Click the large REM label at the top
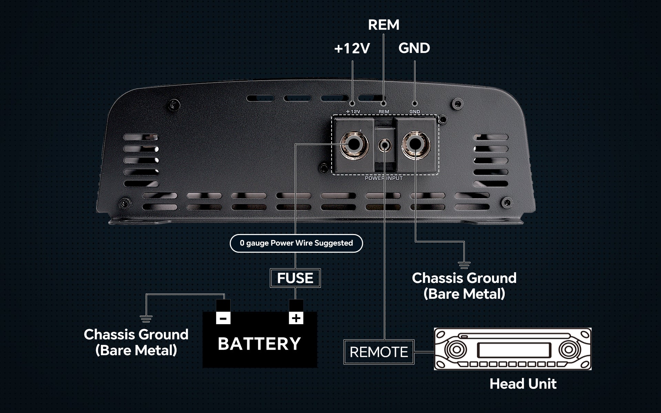(x=384, y=25)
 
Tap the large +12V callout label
(x=352, y=49)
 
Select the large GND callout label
(x=414, y=48)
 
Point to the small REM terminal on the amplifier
(x=384, y=145)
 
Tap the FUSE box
(x=295, y=278)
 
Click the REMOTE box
(x=379, y=352)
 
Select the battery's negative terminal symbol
(x=223, y=318)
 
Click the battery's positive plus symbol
(x=296, y=318)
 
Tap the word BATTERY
(x=260, y=344)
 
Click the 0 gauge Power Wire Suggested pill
(x=296, y=243)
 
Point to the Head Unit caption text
(x=523, y=384)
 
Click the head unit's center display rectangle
(x=513, y=350)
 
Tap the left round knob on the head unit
(x=456, y=349)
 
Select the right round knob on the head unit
(x=569, y=349)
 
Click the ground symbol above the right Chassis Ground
(x=464, y=265)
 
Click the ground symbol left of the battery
(x=146, y=319)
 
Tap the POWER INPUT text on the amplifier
(x=384, y=178)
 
